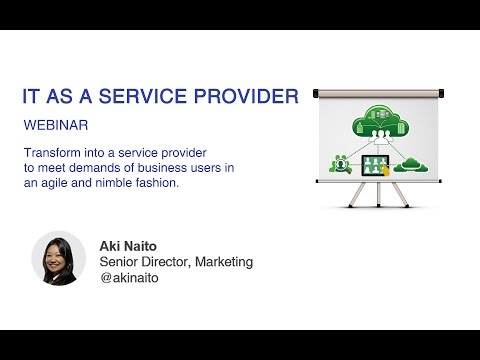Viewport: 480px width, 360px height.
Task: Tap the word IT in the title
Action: tap(33, 96)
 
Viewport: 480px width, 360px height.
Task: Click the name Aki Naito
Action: tap(127, 244)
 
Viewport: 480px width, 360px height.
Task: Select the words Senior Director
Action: tap(140, 261)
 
